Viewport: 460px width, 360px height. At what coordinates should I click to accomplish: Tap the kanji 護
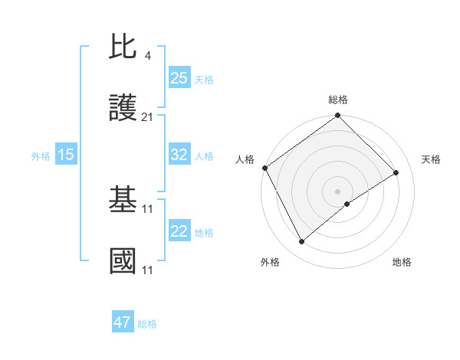click(123, 110)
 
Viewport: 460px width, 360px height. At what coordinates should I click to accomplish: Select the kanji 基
click(123, 201)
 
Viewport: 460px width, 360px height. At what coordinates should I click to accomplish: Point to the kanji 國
click(123, 261)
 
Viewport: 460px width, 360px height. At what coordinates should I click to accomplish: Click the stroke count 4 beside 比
click(147, 55)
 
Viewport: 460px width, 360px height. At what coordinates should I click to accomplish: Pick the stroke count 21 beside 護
click(148, 117)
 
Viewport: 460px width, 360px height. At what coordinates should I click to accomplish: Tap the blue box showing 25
click(179, 78)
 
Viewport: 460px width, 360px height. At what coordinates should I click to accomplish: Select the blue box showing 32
click(179, 155)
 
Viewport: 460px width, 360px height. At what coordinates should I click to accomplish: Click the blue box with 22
click(179, 231)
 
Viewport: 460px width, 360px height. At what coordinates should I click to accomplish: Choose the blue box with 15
click(66, 155)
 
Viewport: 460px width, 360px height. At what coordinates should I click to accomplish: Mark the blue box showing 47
click(123, 322)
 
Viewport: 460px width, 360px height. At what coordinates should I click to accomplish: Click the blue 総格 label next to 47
click(147, 324)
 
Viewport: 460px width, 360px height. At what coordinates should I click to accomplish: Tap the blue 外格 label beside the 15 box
click(41, 156)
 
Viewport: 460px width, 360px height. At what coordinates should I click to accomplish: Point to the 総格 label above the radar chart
click(338, 100)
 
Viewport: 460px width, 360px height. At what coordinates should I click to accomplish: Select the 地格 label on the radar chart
click(402, 263)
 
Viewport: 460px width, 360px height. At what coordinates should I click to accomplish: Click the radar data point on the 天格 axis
click(396, 173)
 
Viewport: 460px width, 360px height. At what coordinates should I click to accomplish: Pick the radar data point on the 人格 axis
click(264, 168)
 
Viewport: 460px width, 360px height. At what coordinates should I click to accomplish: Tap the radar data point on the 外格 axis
click(301, 242)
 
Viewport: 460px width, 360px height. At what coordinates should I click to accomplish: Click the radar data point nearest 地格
click(347, 204)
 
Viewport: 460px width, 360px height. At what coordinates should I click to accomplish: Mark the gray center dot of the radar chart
click(338, 191)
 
